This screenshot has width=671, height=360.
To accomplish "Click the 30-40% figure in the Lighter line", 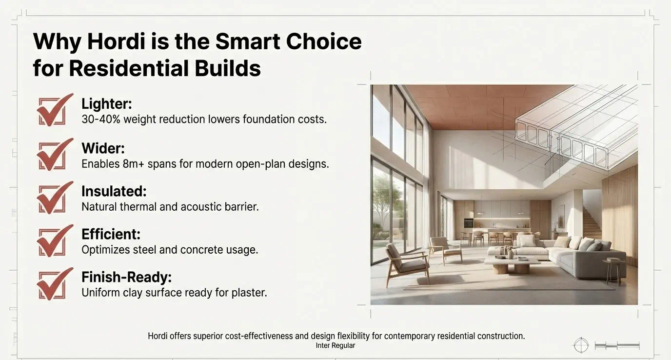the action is pos(101,120).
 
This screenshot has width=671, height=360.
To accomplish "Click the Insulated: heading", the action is pos(114,191).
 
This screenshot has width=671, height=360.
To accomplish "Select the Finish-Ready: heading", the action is pos(127,277).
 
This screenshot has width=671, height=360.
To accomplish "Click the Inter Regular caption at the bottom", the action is pos(335,346).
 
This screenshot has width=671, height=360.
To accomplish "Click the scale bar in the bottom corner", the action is pos(617,346).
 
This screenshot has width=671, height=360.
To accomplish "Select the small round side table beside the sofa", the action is pos(613,271).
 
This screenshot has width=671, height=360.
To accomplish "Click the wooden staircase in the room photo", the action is pos(592,222).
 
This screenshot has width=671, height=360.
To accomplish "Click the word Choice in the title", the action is pos(324,41).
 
